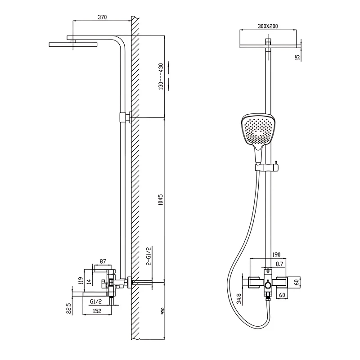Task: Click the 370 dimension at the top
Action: tap(102, 17)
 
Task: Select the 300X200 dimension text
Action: tap(267, 27)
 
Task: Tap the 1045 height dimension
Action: tap(161, 200)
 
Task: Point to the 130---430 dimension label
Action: tap(161, 76)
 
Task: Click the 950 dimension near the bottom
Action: tap(162, 311)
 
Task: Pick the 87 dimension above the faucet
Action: tap(103, 261)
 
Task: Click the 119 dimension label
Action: tap(81, 281)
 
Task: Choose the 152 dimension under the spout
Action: tap(97, 311)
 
